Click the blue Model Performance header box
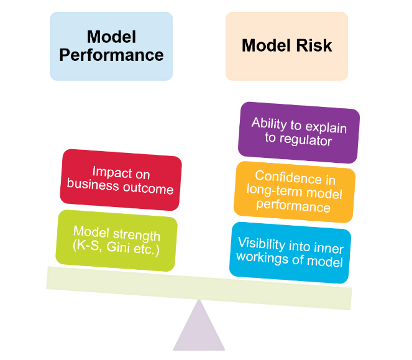point(111,46)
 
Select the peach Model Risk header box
point(286,46)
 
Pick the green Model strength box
point(117,241)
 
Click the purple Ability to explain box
point(298,130)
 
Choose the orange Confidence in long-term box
point(295,192)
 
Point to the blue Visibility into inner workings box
point(290,252)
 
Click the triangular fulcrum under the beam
point(199,330)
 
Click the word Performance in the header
point(111,55)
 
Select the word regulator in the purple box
point(298,139)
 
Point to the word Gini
point(122,249)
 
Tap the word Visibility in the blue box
point(264,244)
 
